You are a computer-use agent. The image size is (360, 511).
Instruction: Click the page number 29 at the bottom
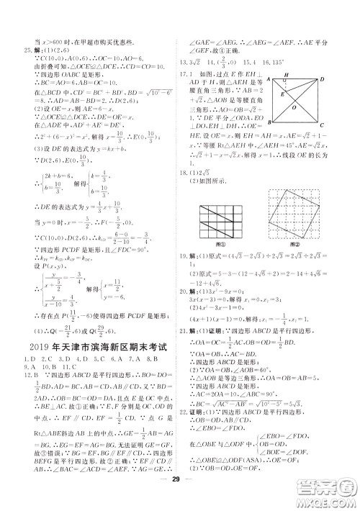coord(181,498)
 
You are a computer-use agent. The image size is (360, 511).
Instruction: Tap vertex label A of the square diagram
coord(268,78)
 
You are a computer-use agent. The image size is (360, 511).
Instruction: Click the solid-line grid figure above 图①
coord(220,230)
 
